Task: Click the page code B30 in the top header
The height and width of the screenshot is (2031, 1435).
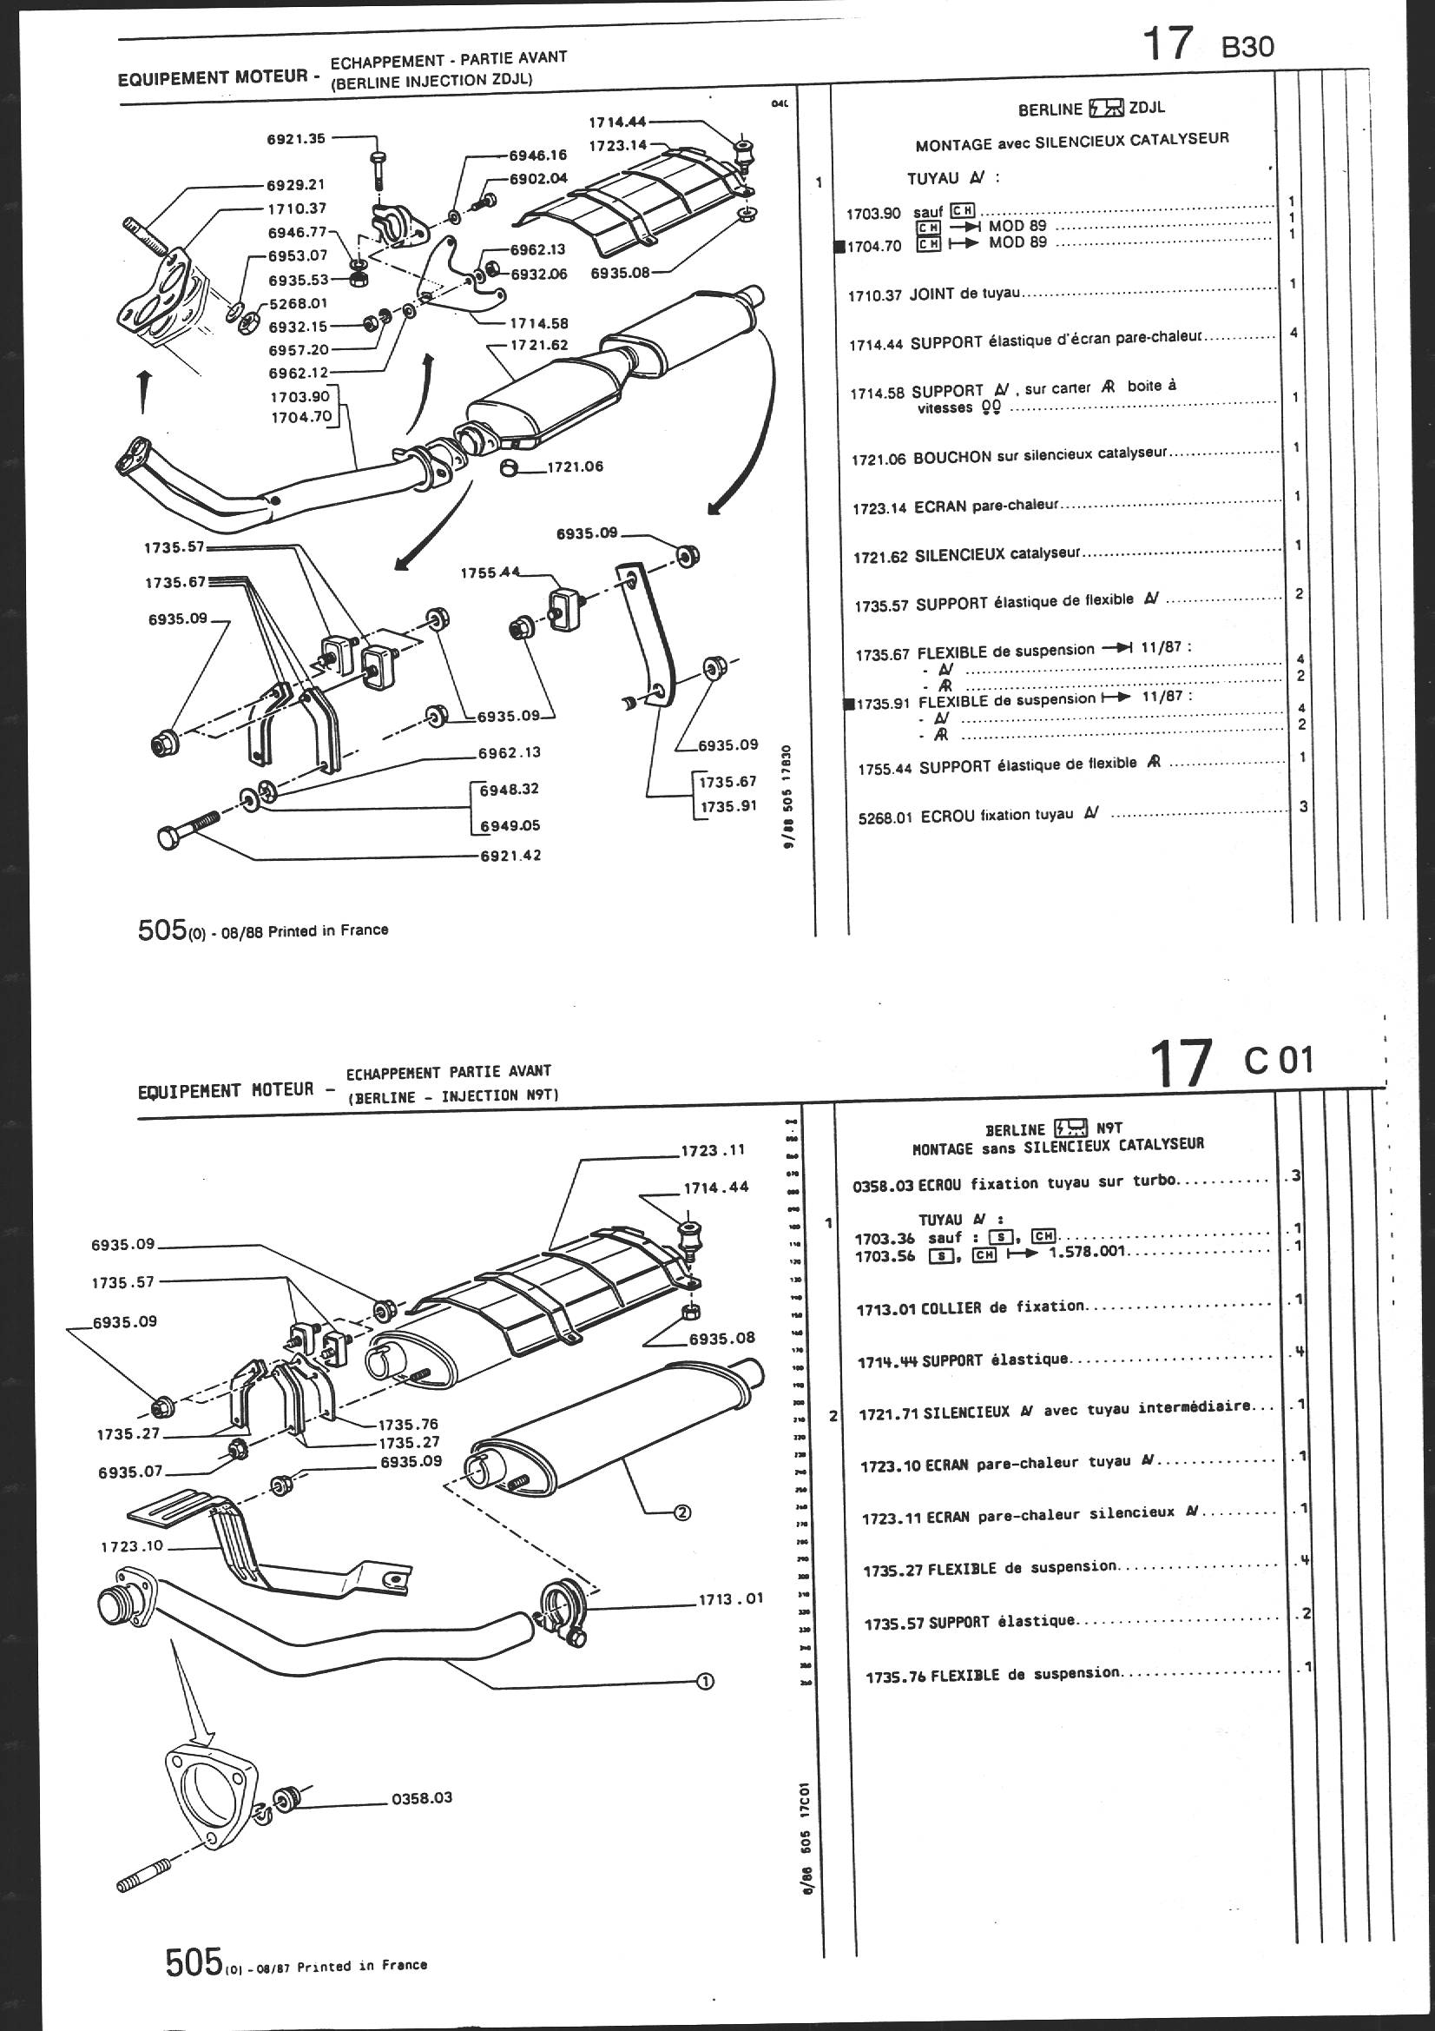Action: pos(1247,46)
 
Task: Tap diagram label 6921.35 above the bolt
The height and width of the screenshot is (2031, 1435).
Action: pos(296,138)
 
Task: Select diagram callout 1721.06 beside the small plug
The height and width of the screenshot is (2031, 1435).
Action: pos(575,466)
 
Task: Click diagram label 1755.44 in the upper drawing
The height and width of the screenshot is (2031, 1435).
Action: pos(490,573)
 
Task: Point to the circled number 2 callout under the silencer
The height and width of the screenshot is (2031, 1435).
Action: pos(682,1512)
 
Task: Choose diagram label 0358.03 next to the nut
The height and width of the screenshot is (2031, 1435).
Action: pos(422,1798)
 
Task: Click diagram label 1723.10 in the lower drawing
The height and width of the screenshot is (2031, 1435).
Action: pos(132,1546)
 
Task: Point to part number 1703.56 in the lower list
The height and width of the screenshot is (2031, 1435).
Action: pos(885,1256)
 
